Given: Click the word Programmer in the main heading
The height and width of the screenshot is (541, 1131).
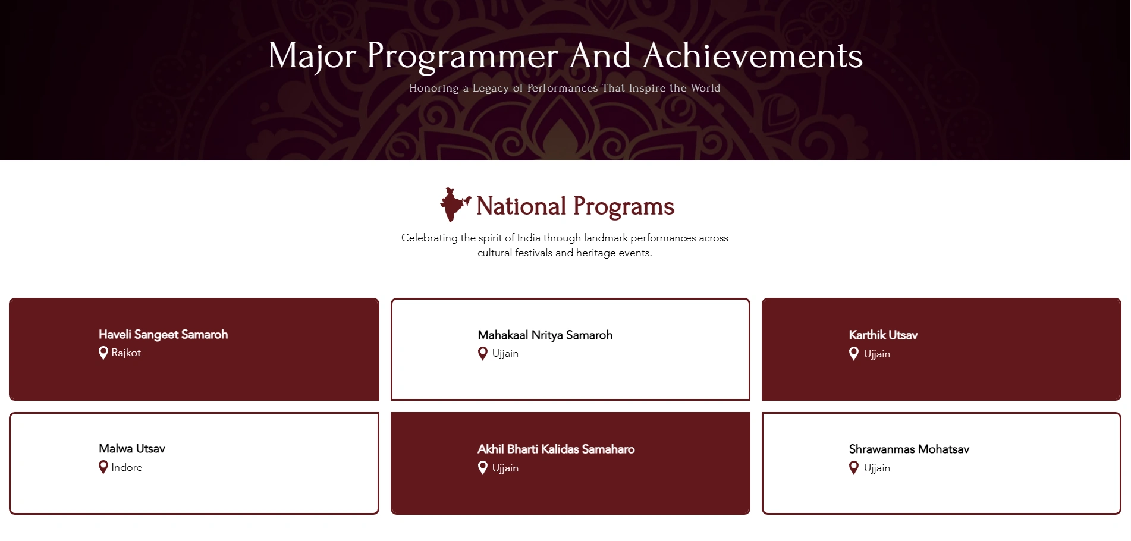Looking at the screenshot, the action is [x=462, y=57].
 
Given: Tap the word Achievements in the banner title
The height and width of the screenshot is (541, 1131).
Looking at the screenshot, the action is [x=752, y=56].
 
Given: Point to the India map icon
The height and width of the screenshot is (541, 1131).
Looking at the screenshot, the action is [x=455, y=205].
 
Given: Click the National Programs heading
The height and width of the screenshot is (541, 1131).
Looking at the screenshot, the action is [x=575, y=206].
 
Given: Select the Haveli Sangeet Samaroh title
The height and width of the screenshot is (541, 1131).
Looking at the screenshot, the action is [x=164, y=335].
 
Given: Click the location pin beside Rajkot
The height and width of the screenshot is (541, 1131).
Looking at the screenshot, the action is [x=103, y=353].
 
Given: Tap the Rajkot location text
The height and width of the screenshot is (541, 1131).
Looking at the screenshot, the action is [x=126, y=353].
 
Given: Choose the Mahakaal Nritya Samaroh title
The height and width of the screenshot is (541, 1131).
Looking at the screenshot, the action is [x=545, y=335].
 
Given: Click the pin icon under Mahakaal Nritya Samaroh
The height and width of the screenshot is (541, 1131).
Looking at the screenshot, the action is [x=483, y=354].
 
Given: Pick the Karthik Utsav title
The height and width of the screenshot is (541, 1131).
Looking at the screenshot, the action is [x=883, y=335].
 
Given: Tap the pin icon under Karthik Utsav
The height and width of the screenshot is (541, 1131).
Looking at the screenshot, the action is [x=854, y=354].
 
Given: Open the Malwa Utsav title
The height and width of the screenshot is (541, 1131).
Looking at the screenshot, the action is [x=132, y=449].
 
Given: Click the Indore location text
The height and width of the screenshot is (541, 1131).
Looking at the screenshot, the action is [x=127, y=467].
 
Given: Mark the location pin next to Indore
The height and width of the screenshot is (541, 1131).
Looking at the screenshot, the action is [x=103, y=467].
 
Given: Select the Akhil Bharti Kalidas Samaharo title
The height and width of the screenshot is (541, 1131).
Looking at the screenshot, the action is [x=556, y=449].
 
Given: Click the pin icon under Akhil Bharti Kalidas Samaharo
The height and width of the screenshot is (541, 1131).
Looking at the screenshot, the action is [x=483, y=468].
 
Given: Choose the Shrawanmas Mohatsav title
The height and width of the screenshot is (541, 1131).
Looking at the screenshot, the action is [x=909, y=449].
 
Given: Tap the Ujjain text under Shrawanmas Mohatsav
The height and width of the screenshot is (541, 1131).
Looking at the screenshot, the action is [x=877, y=468].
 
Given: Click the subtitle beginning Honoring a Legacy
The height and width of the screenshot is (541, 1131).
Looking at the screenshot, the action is [x=565, y=88].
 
